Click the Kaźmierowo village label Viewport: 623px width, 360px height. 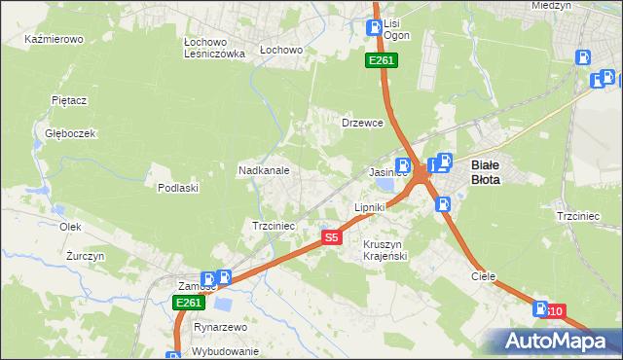(55, 40)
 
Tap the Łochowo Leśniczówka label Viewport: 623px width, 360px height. (214, 49)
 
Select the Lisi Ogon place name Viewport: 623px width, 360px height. (396, 29)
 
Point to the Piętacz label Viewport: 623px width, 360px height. (70, 100)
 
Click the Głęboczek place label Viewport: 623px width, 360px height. (63, 133)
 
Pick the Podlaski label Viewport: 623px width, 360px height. (178, 188)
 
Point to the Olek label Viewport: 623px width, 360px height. (70, 226)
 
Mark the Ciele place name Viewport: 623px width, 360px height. (484, 276)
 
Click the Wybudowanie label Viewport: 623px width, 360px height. (225, 351)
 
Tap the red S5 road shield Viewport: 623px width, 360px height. (332, 236)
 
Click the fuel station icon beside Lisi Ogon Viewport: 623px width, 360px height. (373, 28)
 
